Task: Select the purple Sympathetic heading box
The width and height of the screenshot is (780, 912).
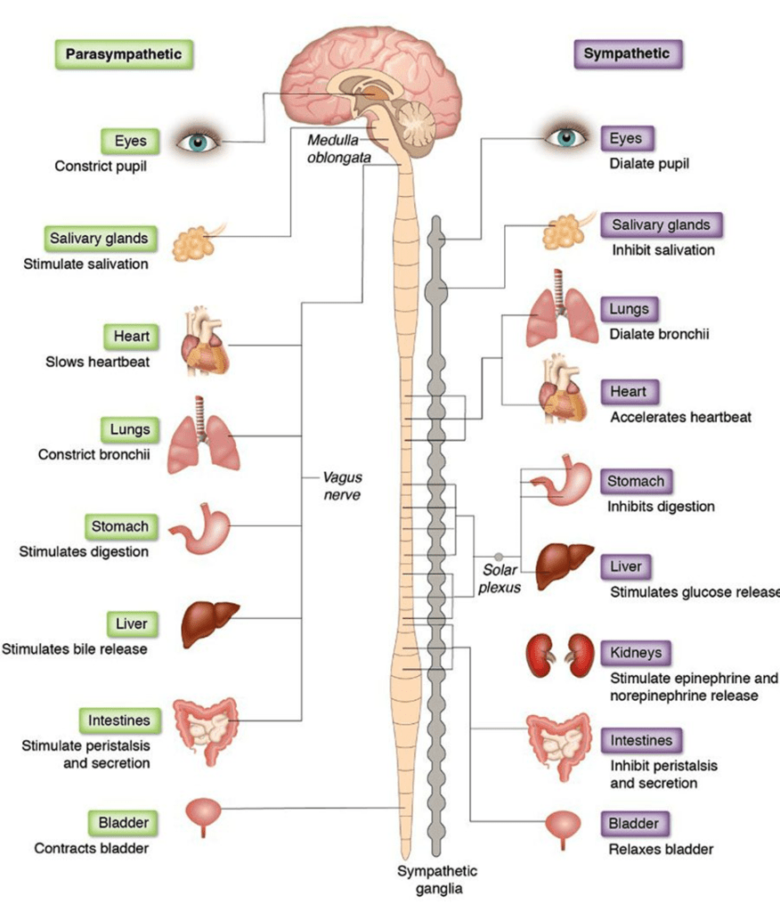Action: [x=626, y=54]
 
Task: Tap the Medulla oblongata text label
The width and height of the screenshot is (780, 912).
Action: [x=339, y=149]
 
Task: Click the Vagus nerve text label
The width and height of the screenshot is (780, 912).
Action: [x=342, y=485]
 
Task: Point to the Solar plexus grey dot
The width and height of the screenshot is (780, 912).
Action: [x=499, y=557]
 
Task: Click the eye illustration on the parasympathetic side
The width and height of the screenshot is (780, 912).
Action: [x=206, y=141]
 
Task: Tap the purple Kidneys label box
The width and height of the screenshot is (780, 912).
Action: [x=636, y=653]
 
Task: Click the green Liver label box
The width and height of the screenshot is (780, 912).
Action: [x=131, y=624]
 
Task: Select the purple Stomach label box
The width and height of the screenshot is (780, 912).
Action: [x=636, y=482]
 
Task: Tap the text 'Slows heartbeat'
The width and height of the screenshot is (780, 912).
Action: [x=98, y=362]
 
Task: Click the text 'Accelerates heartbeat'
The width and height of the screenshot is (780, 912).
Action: [x=680, y=417]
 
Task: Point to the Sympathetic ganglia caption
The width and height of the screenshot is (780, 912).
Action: [x=437, y=879]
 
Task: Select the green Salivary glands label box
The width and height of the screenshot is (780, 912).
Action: [x=99, y=239]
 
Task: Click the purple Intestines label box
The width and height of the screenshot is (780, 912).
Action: [x=641, y=740]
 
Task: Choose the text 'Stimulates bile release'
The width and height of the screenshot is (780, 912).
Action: [x=75, y=649]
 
